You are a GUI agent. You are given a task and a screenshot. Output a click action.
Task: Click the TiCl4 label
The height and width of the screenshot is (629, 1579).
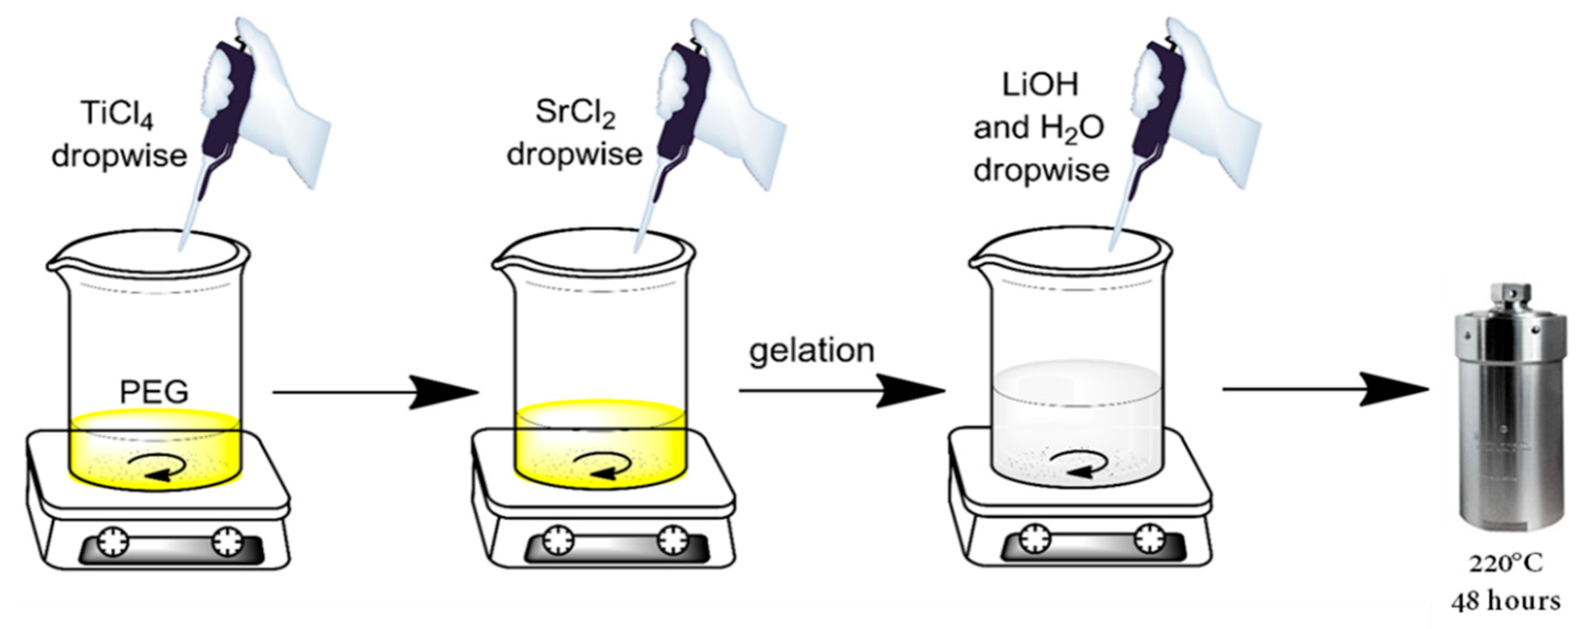pyautogui.click(x=116, y=115)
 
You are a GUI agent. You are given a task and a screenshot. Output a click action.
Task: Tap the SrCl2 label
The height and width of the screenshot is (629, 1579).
pyautogui.click(x=575, y=114)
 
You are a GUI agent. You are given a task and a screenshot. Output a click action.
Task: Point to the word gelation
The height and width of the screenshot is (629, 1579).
pyautogui.click(x=812, y=351)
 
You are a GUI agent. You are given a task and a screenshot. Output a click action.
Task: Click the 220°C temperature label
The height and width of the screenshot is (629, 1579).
pyautogui.click(x=1505, y=563)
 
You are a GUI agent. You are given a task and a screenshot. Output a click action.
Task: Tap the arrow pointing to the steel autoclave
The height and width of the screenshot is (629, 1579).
pyautogui.click(x=1324, y=390)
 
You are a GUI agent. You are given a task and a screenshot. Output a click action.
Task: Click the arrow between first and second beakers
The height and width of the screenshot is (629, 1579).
pyautogui.click(x=374, y=393)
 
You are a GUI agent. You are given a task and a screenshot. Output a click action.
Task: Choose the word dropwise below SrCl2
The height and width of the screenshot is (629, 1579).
pyautogui.click(x=575, y=154)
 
